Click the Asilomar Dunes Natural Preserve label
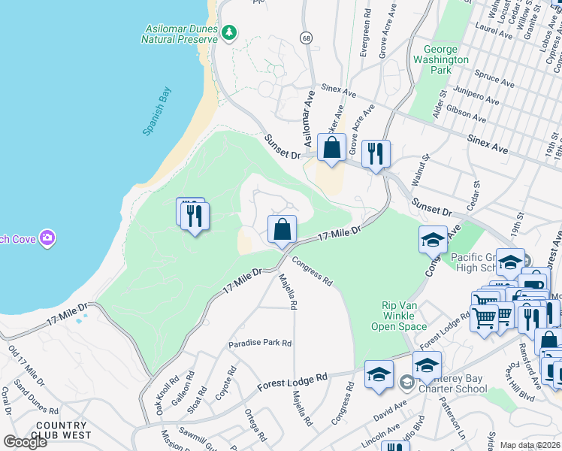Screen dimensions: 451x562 (x=180, y=34)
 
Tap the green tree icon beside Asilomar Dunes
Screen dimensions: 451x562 (x=229, y=32)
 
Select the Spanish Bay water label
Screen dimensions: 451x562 (x=157, y=111)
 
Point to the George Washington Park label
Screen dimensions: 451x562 (x=441, y=59)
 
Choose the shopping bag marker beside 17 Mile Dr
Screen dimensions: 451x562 (x=282, y=229)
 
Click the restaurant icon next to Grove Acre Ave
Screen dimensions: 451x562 (x=375, y=154)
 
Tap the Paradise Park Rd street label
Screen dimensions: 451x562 (x=260, y=343)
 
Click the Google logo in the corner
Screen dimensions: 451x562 (x=24, y=442)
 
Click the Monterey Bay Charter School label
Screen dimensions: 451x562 (x=449, y=383)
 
